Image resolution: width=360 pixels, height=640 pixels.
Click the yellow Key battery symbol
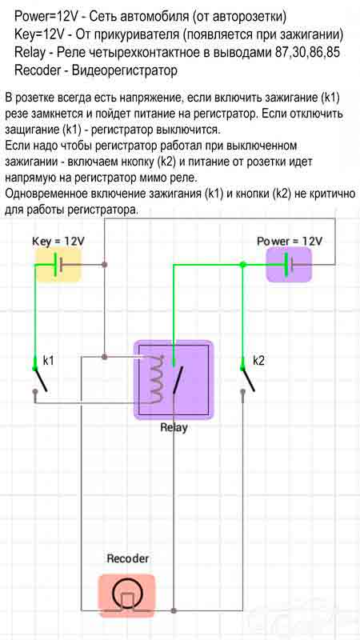(x=58, y=265)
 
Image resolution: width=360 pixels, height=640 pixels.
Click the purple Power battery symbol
(x=289, y=265)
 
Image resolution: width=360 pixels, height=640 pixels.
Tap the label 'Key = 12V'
(x=58, y=242)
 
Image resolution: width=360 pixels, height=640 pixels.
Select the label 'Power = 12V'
(x=290, y=241)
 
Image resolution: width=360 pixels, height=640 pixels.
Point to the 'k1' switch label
(x=48, y=361)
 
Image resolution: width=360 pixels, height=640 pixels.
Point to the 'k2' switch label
(x=258, y=361)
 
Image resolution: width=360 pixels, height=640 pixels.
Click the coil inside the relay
(x=156, y=378)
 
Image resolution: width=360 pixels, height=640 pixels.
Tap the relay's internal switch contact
(x=176, y=379)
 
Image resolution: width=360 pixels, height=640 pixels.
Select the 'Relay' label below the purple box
(x=174, y=428)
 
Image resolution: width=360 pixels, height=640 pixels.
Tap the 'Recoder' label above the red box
(x=128, y=558)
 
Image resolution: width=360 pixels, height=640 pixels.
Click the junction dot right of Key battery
(x=105, y=265)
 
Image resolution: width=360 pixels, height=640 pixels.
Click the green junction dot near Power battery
(x=243, y=265)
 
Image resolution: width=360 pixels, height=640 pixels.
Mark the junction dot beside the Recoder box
(x=174, y=610)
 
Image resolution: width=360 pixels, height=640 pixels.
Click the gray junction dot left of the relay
(x=105, y=356)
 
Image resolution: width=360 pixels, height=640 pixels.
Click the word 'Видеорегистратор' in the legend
(x=125, y=70)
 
